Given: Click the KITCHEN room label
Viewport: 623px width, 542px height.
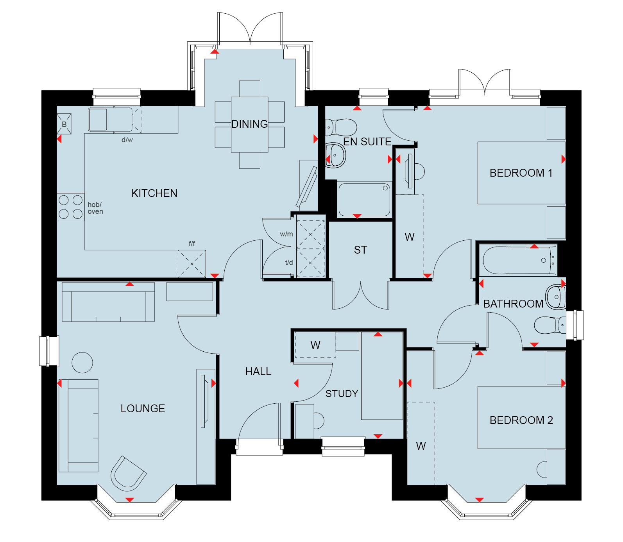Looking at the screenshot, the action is (x=154, y=193).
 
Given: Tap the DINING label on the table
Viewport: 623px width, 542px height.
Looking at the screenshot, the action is (x=250, y=124).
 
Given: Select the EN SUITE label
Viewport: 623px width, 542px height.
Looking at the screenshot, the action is (x=367, y=141).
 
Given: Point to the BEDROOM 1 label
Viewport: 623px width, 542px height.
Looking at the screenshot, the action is (x=521, y=173).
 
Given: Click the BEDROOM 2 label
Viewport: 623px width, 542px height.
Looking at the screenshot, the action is (x=521, y=420).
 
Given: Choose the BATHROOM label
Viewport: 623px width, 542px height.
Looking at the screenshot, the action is (x=514, y=304).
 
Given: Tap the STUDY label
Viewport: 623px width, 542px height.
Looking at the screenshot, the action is (x=342, y=394).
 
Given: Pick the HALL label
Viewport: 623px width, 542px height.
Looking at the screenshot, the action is (x=258, y=371).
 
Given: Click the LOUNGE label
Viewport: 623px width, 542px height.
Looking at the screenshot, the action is (x=143, y=408).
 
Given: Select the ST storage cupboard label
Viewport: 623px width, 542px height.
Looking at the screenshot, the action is (x=361, y=250).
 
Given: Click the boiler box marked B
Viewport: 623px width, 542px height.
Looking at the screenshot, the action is (x=64, y=124).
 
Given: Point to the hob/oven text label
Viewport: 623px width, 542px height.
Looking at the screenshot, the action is (x=95, y=208).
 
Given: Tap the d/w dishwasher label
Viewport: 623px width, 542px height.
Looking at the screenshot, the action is (x=127, y=140).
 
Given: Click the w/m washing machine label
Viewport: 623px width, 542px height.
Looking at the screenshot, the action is (x=286, y=234).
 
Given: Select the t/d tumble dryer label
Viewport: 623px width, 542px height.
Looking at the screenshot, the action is (x=289, y=262).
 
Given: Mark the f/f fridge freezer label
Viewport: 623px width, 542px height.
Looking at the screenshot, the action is (x=192, y=243).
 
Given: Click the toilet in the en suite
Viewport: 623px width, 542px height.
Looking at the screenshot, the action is (x=341, y=127).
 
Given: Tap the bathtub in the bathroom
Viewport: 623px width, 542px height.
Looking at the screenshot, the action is (x=518, y=260).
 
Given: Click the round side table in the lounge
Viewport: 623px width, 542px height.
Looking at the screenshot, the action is (x=82, y=363).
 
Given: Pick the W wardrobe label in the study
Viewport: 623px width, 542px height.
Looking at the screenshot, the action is (x=315, y=345).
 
